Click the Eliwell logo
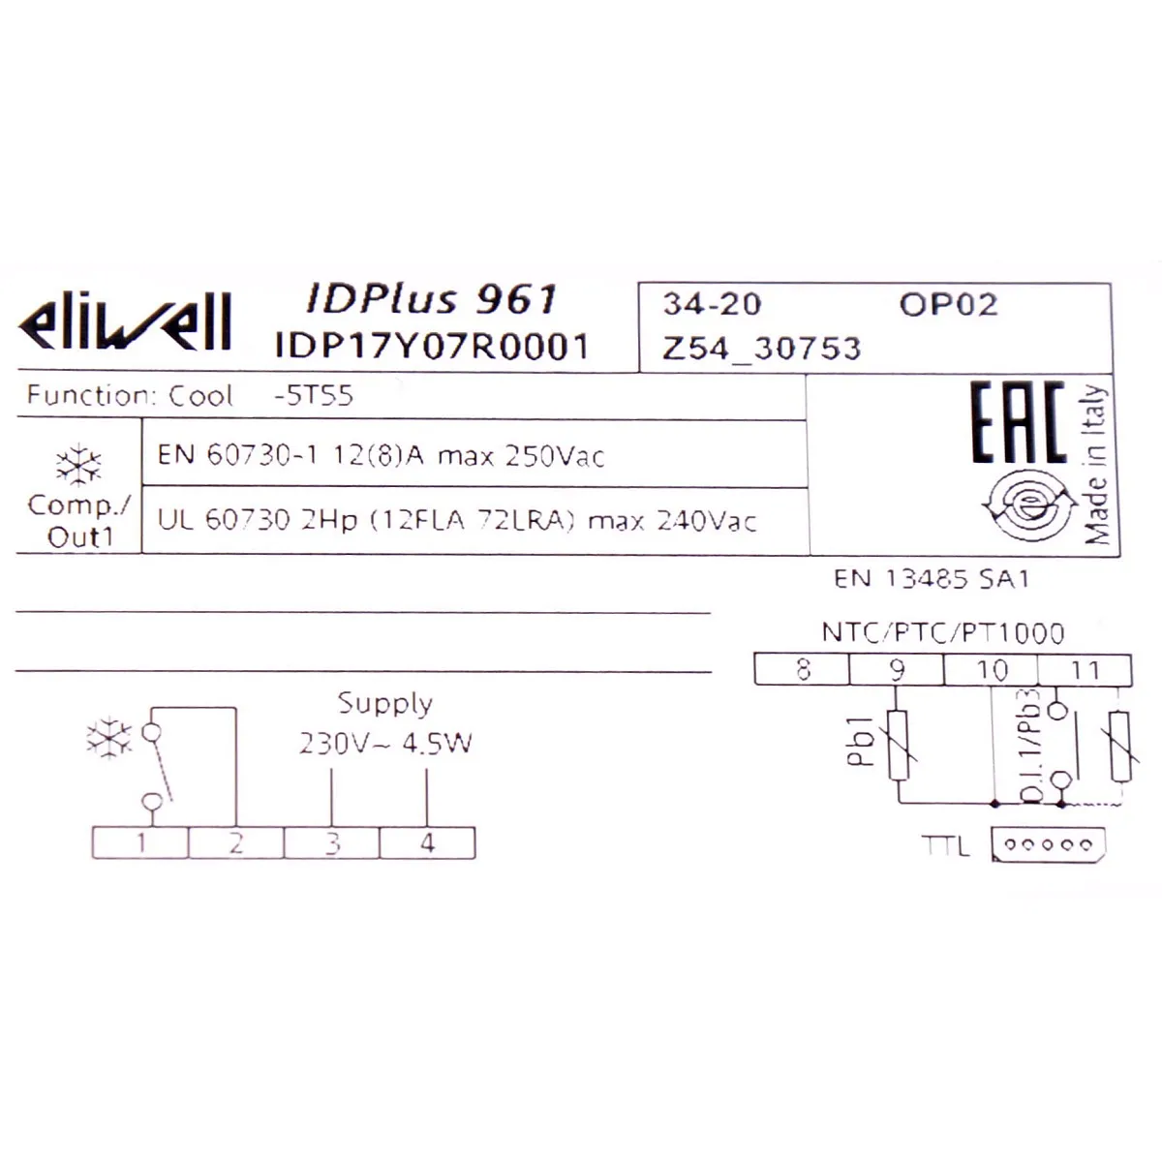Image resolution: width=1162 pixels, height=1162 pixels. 125,321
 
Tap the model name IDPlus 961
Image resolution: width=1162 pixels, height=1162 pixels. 432,298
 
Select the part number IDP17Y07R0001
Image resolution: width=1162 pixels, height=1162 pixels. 432,346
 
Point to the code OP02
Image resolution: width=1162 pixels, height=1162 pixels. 948,304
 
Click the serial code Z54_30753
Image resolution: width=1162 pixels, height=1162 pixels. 761,348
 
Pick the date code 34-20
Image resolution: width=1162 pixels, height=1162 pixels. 712,304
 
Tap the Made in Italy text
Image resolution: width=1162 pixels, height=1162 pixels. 1095,465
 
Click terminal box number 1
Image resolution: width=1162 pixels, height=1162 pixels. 140,843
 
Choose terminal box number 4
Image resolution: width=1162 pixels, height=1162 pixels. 427,843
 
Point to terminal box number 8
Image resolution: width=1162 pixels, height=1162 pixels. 802,669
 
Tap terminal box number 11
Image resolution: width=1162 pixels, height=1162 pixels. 1085,669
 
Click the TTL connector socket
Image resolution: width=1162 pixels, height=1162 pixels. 1049,844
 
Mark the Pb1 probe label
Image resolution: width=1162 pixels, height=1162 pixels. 860,743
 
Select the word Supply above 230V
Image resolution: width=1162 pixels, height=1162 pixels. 384,703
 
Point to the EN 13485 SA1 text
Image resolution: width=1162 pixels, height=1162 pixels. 931,579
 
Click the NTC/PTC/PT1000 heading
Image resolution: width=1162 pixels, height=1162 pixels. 942,632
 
